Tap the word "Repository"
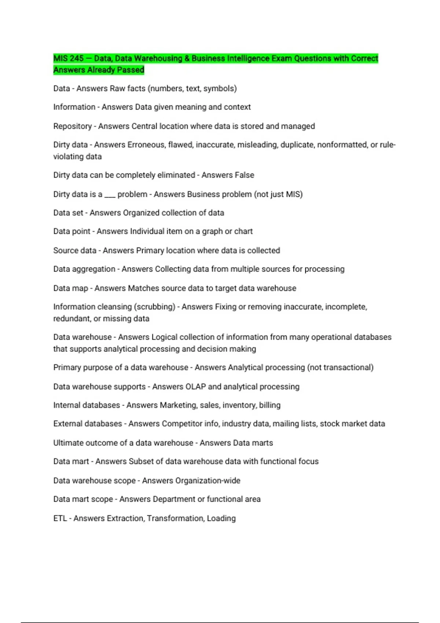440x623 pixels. click(x=72, y=126)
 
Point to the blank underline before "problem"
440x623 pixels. click(x=110, y=195)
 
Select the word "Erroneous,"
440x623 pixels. click(x=146, y=145)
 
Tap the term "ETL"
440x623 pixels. click(x=60, y=518)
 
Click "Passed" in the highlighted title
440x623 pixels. click(x=131, y=70)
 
